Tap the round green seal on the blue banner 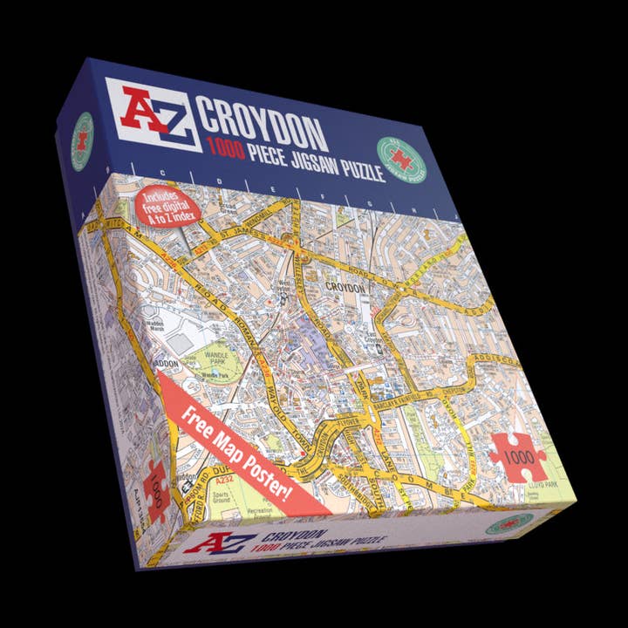pos(402,158)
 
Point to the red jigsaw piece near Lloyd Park pos(516,454)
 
